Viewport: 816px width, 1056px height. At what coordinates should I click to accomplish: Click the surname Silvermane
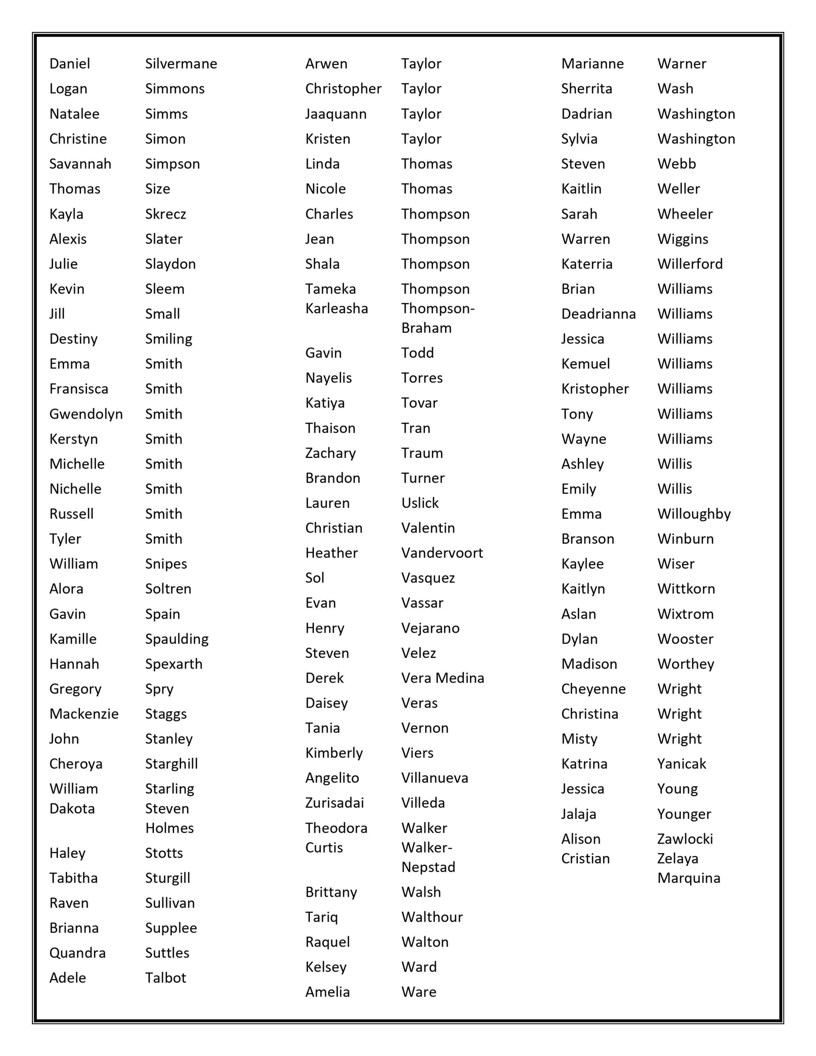coord(181,64)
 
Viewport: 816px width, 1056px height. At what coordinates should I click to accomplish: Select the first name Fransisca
coord(78,389)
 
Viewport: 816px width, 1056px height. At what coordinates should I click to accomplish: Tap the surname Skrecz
coord(165,214)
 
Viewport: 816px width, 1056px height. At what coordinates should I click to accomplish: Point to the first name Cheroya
coord(75,764)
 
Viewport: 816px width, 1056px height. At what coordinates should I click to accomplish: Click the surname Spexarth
coord(174,664)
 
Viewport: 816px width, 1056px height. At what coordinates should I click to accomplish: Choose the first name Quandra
coord(78,952)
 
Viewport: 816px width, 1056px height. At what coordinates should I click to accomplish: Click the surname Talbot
coord(165,978)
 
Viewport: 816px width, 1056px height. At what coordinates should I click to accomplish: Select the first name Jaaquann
coord(336,114)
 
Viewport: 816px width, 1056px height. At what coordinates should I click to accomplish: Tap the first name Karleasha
coord(336,309)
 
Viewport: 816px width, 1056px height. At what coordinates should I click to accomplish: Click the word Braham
coord(426,328)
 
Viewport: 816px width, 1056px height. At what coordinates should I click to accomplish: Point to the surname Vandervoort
coord(441,553)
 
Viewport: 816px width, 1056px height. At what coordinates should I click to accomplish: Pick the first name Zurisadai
coord(334,803)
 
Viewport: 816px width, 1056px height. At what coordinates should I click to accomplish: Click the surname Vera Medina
coord(442,678)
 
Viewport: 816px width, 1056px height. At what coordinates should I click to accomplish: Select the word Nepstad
coord(428,867)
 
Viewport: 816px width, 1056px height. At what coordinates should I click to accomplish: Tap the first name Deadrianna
coord(598,314)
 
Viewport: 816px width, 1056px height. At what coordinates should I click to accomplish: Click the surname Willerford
coord(690,264)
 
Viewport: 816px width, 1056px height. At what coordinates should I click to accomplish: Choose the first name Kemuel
coord(585,363)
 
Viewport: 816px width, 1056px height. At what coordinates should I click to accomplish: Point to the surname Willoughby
coord(693,514)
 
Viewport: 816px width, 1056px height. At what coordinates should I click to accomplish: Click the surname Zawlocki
coord(685,839)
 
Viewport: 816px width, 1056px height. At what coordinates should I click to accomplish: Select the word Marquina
coord(688,878)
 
